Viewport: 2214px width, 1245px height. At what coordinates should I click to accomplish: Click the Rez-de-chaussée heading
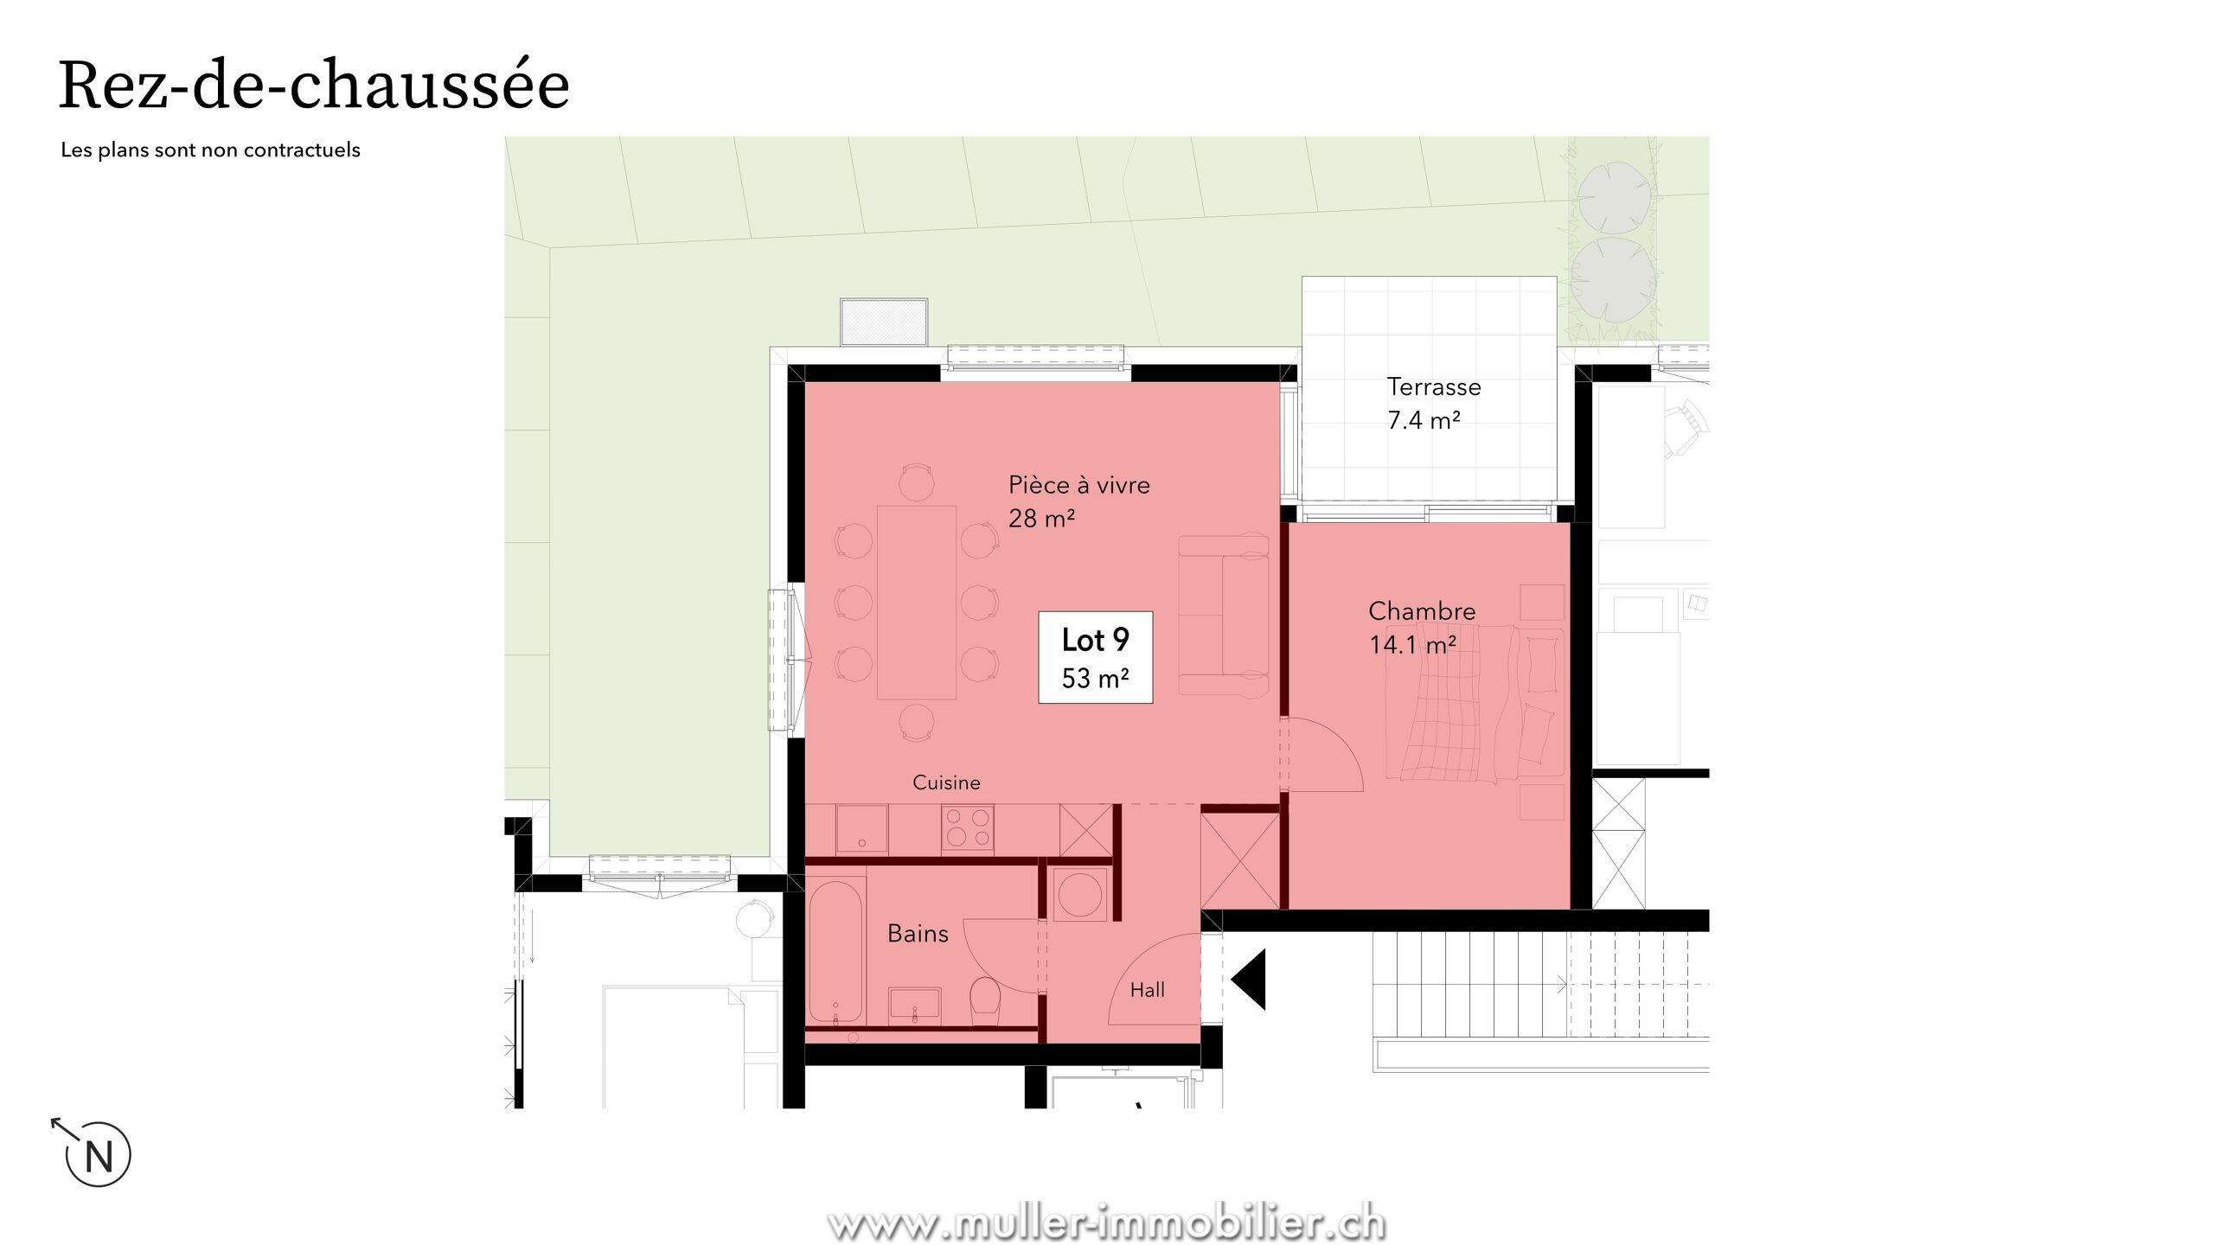coord(314,85)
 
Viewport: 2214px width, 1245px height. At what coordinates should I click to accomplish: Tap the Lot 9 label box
coord(1095,657)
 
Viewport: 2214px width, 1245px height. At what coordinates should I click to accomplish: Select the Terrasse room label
coord(1434,386)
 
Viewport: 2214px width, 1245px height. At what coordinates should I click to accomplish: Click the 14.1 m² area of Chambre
coord(1412,645)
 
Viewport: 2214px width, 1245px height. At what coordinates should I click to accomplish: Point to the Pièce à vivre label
coord(1079,484)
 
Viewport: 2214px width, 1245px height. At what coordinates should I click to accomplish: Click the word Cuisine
coord(946,782)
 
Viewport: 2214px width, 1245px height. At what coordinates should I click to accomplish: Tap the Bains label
coord(918,934)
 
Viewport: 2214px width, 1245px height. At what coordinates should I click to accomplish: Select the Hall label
coord(1148,990)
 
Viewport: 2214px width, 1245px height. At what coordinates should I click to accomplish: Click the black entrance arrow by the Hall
coord(1249,980)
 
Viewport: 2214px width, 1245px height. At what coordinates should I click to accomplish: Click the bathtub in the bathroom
coord(835,951)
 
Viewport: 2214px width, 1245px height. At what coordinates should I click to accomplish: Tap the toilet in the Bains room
coord(985,1000)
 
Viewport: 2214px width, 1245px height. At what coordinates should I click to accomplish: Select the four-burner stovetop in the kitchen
coord(968,827)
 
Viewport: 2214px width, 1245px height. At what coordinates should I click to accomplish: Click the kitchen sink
coord(861,828)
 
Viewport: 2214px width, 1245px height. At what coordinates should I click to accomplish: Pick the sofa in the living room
coord(1224,615)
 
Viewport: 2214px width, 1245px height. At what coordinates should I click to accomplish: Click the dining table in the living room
coord(917,602)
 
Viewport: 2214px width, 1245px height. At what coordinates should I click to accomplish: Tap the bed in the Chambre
coord(1475,702)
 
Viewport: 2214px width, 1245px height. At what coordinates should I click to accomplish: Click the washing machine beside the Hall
coord(1079,894)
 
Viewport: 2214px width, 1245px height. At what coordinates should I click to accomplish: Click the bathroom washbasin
coord(915,1006)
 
